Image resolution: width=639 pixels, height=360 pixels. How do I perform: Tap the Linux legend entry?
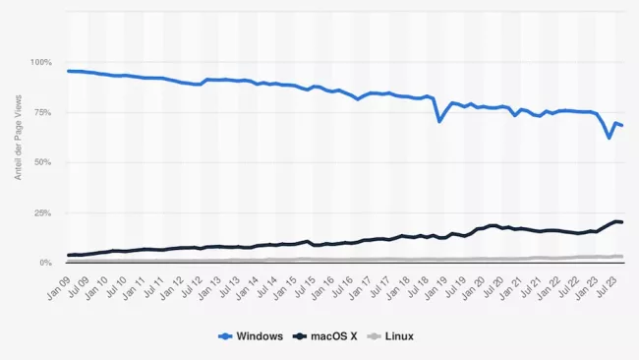(392, 336)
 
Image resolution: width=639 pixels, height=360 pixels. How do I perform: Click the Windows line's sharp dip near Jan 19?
(439, 121)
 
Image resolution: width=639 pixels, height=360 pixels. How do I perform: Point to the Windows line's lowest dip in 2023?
(610, 138)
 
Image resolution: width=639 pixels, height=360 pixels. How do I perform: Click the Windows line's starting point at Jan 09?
(68, 71)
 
